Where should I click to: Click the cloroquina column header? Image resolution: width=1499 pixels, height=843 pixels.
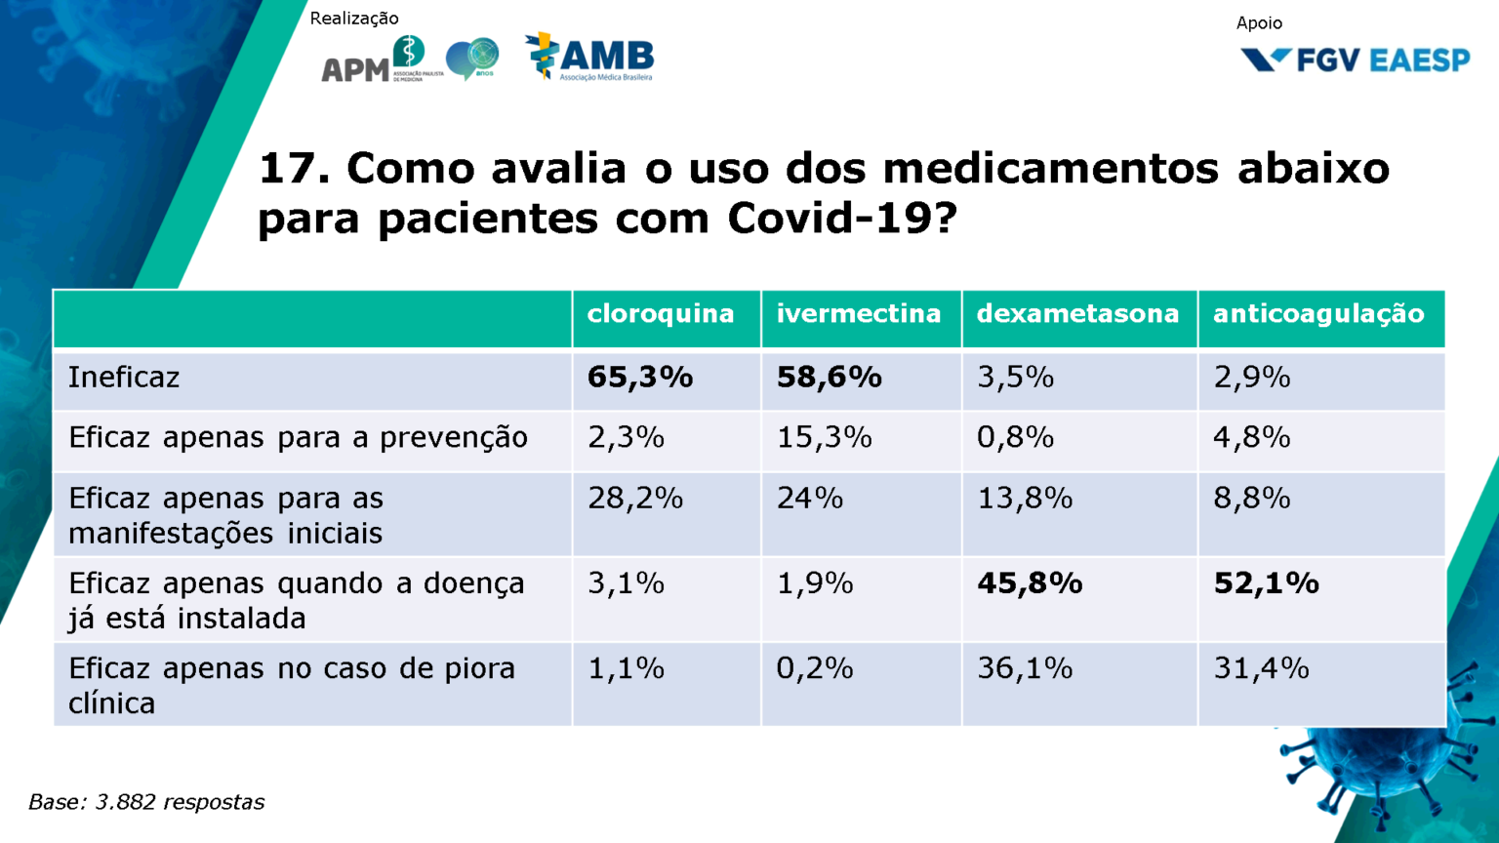(x=661, y=314)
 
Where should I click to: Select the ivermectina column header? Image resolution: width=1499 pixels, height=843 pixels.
(x=859, y=314)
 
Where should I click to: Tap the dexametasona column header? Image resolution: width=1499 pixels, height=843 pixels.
(x=1077, y=314)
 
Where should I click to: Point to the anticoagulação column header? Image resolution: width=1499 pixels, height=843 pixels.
(x=1318, y=314)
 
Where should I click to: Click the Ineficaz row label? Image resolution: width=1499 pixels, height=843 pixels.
(x=124, y=378)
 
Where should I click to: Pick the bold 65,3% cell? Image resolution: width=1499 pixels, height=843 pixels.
(x=640, y=378)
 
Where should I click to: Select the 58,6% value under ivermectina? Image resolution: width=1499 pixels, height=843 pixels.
(x=830, y=378)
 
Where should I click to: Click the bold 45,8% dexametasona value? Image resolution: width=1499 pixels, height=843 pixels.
(x=1030, y=583)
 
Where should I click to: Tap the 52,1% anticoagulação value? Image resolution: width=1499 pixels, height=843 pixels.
(x=1267, y=583)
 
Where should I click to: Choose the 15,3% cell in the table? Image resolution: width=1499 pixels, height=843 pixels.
(x=824, y=437)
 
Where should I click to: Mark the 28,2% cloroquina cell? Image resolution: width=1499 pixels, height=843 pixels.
(x=634, y=499)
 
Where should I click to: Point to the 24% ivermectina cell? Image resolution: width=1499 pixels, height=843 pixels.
(x=810, y=499)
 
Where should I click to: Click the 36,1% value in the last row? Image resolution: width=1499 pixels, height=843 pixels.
(x=1025, y=668)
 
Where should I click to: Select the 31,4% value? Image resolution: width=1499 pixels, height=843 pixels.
(x=1261, y=668)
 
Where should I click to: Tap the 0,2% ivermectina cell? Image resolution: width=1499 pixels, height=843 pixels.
(x=815, y=668)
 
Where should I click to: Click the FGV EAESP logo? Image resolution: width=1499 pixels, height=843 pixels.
(x=1355, y=60)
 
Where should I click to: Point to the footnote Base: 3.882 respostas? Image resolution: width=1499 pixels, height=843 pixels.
(x=146, y=802)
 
